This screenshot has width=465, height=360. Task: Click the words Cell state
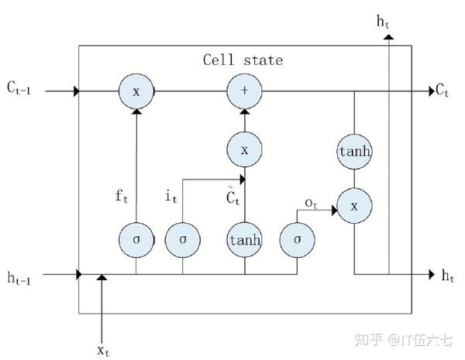[243, 60]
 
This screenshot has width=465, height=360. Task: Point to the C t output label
[443, 91]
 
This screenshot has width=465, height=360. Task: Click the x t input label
[103, 350]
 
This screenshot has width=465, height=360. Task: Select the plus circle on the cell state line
[244, 91]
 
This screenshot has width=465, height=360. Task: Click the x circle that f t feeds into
[136, 91]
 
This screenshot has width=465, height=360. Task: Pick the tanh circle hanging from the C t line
[355, 151]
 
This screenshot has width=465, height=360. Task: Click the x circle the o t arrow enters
[355, 207]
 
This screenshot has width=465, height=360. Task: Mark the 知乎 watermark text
[366, 338]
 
